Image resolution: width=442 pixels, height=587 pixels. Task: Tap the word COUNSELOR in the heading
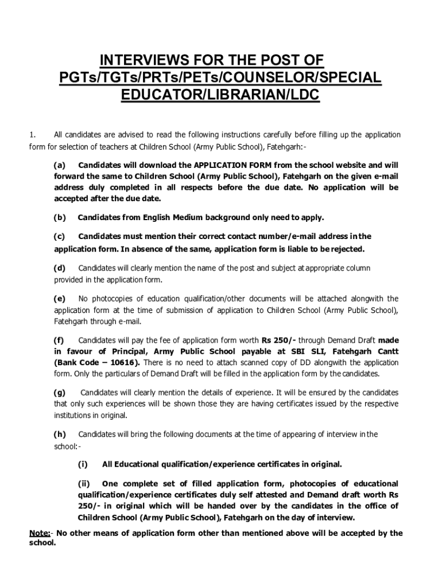point(270,77)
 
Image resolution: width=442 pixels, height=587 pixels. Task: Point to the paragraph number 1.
point(33,135)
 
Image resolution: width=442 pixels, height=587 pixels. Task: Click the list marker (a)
point(60,165)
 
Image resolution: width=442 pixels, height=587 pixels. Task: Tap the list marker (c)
point(60,236)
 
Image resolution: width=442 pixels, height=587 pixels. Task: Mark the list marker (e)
point(60,299)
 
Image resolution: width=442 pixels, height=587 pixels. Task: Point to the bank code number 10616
point(122,362)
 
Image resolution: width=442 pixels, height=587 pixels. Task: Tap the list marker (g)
point(60,393)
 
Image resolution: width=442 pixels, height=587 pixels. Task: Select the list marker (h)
point(60,434)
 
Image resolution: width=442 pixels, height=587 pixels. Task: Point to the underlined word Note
point(39,533)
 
